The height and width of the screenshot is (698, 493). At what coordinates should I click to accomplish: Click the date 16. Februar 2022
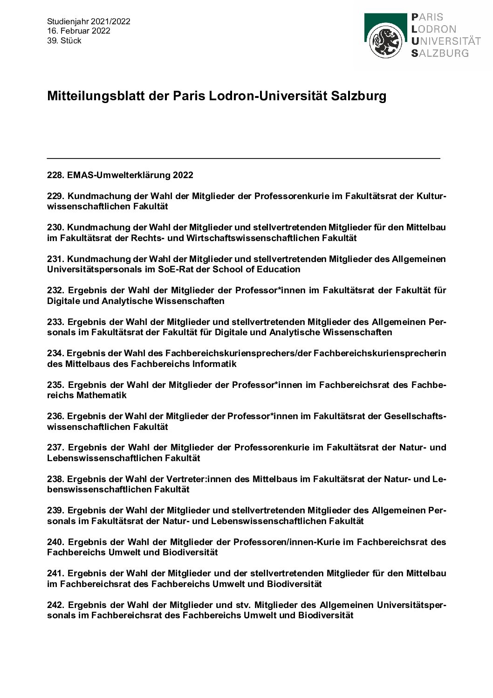(79, 31)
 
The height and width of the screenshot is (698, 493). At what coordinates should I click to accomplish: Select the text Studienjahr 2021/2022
(89, 21)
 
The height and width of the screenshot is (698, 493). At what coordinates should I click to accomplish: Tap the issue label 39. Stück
(64, 41)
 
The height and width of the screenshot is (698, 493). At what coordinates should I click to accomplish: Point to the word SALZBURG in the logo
(440, 53)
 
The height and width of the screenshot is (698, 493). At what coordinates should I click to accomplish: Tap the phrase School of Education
(257, 270)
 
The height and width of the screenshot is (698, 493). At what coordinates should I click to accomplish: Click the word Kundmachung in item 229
(93, 196)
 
